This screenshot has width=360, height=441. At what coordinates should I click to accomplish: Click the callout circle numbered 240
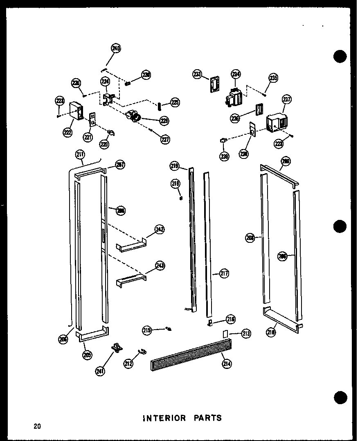[x=116, y=49]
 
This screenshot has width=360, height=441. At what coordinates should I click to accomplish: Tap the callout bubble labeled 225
[x=175, y=103]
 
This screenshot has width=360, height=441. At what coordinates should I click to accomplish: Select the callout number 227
[x=165, y=139]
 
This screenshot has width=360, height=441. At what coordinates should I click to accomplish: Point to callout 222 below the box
[x=67, y=132]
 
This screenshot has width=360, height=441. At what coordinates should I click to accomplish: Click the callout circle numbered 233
[x=198, y=74]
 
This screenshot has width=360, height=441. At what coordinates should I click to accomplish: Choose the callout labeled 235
[x=273, y=78]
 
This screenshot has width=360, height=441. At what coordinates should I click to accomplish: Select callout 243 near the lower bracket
[x=160, y=266]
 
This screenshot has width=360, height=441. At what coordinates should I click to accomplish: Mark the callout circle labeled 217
[x=224, y=273]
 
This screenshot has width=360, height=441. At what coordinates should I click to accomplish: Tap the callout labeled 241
[x=99, y=371]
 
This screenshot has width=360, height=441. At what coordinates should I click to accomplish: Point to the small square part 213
[x=225, y=334]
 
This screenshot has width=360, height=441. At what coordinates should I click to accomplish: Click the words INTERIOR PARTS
[x=182, y=418]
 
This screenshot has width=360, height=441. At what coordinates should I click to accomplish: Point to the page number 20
[x=37, y=426]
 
